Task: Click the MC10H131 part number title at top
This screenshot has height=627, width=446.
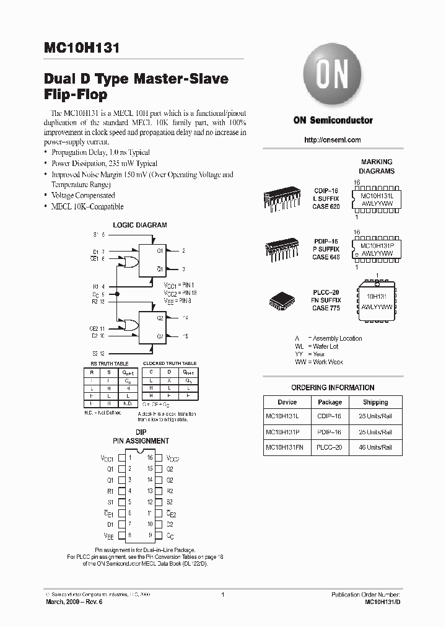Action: click(x=82, y=49)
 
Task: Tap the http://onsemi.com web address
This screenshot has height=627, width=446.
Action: click(x=333, y=140)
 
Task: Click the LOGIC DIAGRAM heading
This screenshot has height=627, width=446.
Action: click(x=139, y=226)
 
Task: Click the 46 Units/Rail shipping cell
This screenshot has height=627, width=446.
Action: click(x=375, y=447)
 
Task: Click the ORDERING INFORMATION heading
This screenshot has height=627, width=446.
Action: click(x=333, y=388)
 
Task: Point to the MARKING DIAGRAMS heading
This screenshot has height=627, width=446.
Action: click(x=377, y=166)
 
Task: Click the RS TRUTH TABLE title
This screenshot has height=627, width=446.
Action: click(x=110, y=363)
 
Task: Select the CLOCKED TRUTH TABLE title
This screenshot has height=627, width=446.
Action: click(x=170, y=363)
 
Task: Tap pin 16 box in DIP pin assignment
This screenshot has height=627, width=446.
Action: click(x=159, y=458)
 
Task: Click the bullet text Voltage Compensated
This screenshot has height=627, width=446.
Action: click(x=83, y=195)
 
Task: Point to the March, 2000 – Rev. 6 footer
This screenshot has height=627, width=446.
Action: click(x=70, y=602)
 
